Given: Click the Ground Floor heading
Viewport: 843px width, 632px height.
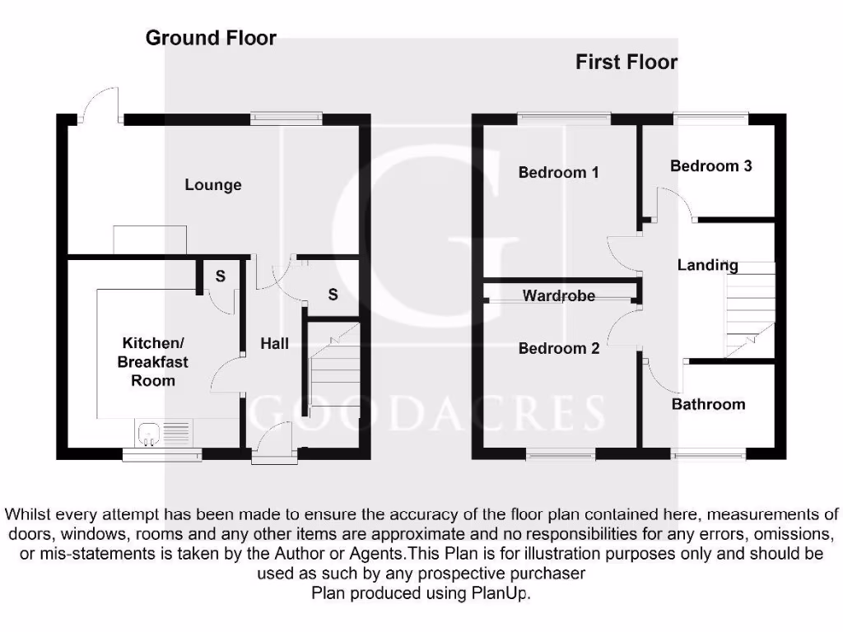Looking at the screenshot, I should coord(211,38).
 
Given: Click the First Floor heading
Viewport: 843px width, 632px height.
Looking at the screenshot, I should coord(626,62).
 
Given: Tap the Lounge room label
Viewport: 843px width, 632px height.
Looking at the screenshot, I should coord(213,185).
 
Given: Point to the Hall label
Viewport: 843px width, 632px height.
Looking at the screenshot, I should coord(274,343).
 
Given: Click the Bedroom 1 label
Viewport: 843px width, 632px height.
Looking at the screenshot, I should coord(558,173).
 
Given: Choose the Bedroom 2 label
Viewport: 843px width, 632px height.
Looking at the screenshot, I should coord(559,348).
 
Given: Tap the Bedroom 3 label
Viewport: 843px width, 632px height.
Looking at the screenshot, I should coord(710,166).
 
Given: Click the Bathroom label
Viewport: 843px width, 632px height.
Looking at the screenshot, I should coord(708,404).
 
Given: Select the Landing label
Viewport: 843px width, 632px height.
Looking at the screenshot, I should coord(707,265).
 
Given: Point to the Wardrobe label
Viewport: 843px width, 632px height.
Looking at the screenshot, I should coord(559,295).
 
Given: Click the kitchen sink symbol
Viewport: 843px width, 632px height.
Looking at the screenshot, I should coord(151,431).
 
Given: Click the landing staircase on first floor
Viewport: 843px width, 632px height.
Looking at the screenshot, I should coord(749,309).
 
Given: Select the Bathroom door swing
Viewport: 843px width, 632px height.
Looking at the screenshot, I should coord(663,375).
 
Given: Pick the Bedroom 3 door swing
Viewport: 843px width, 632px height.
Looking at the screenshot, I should coord(675,203).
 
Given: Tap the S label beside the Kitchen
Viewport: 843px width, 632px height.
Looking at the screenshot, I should coord(220,276).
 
